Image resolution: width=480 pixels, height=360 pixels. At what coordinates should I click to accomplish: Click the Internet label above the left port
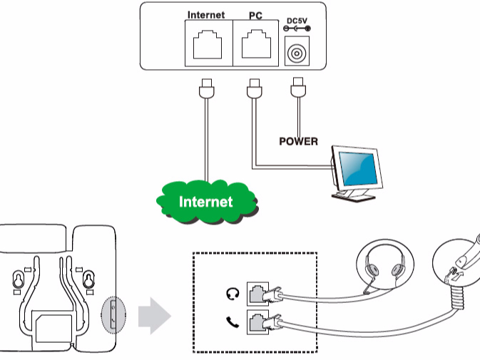tap(205, 14)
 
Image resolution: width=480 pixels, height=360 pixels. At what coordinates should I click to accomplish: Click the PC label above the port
tap(255, 14)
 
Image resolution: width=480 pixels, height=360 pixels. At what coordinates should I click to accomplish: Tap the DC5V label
tap(297, 20)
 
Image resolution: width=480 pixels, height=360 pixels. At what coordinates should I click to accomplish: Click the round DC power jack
tap(297, 53)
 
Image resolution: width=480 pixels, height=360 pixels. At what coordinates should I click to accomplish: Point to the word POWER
tap(298, 140)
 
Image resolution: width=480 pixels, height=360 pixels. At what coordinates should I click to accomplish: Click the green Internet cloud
tap(205, 202)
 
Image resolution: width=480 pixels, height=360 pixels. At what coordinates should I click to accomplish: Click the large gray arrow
tap(154, 316)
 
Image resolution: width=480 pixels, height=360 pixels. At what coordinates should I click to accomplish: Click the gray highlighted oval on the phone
tap(111, 314)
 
